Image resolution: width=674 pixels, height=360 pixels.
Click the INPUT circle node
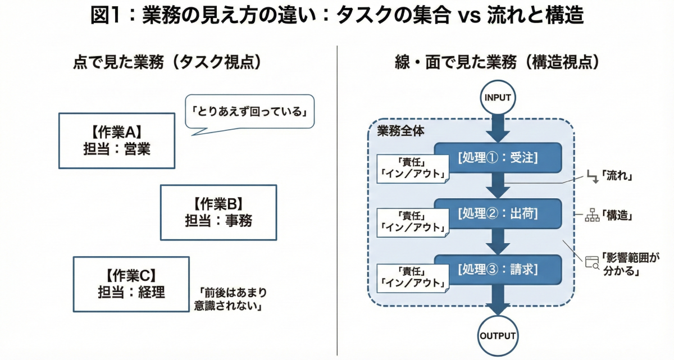(497, 98)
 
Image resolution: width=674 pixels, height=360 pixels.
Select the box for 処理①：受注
(498, 158)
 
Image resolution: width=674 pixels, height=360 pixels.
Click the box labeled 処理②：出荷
(498, 213)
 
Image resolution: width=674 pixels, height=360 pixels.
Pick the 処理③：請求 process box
(498, 269)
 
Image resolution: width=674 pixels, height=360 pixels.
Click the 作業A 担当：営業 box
(116, 140)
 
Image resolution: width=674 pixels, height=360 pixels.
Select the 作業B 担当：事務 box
(218, 212)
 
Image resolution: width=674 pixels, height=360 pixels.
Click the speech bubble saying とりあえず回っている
(249, 112)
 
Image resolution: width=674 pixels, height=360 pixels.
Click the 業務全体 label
(400, 131)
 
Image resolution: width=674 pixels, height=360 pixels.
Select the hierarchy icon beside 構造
(592, 216)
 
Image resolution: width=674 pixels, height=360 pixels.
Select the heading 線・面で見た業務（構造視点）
(497, 62)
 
